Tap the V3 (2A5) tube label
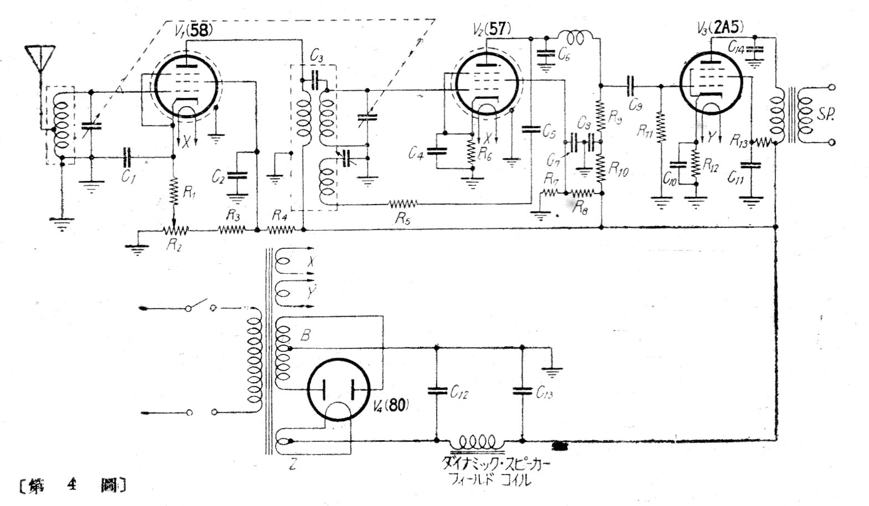[x=721, y=28]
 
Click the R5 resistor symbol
[x=404, y=204]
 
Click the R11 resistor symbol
[x=660, y=128]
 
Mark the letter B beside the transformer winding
[x=305, y=335]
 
